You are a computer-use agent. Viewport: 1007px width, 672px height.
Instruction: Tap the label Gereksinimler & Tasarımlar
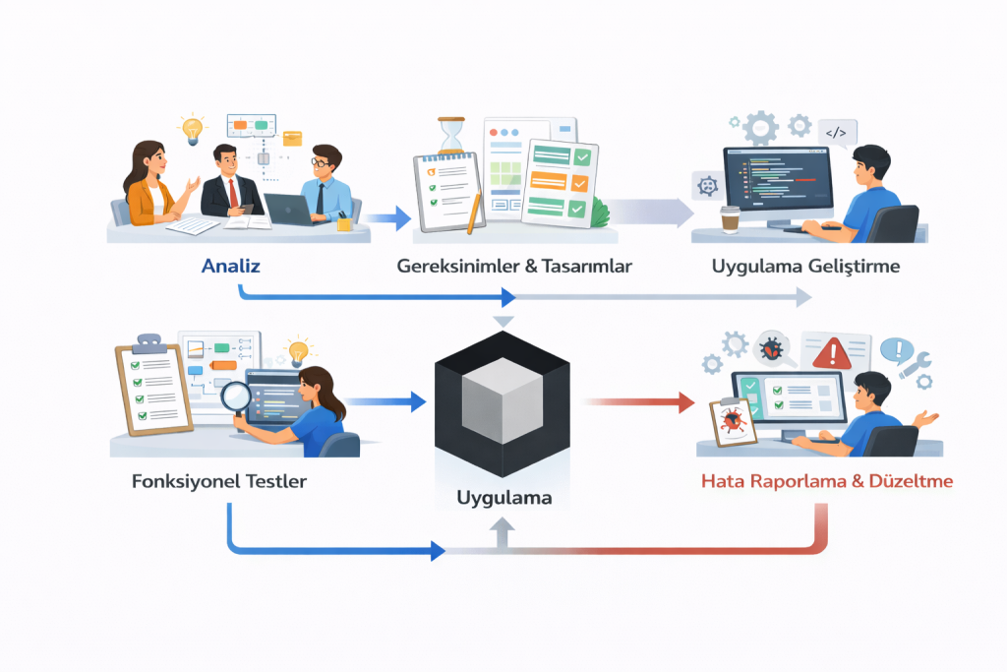click(x=513, y=266)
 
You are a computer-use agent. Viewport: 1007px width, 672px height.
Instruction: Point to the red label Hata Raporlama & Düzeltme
click(x=826, y=483)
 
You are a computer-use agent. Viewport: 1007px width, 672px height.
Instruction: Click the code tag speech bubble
click(x=837, y=132)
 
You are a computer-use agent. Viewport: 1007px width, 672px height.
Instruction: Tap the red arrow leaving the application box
click(x=634, y=401)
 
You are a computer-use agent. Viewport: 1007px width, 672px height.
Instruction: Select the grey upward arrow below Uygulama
click(x=502, y=533)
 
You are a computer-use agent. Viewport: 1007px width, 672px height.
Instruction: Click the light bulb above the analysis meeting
click(x=191, y=129)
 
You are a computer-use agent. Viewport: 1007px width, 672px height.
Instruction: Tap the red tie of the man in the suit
click(x=233, y=192)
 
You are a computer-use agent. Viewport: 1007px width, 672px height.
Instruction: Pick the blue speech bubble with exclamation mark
click(x=896, y=348)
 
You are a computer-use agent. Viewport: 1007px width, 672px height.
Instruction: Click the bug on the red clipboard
click(x=732, y=422)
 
